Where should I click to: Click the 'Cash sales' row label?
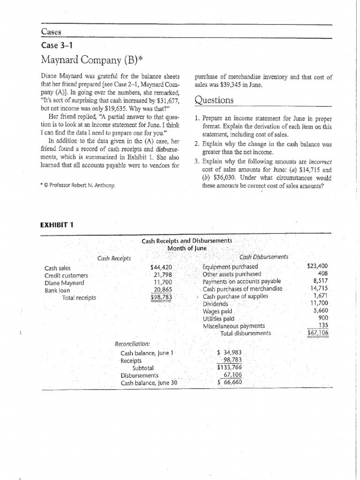(x=57, y=268)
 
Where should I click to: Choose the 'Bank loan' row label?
(x=57, y=290)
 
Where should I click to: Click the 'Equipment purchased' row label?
(x=230, y=267)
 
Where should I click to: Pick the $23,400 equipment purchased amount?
(x=317, y=266)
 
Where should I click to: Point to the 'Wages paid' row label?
(x=217, y=311)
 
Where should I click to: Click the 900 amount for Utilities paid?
(x=323, y=318)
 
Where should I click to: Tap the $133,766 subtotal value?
(x=230, y=368)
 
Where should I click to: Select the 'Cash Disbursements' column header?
(x=263, y=257)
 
